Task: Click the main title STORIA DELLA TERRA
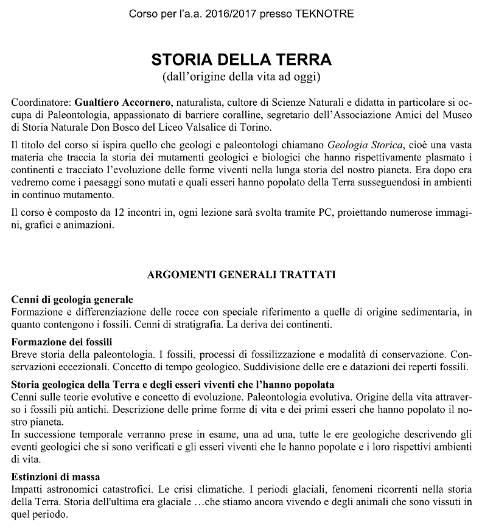(241, 61)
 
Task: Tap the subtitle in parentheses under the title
(241, 77)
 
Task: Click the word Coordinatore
(41, 101)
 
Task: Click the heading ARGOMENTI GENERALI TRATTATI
(241, 275)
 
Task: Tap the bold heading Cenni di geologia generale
(72, 300)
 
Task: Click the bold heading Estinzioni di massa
(56, 475)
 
